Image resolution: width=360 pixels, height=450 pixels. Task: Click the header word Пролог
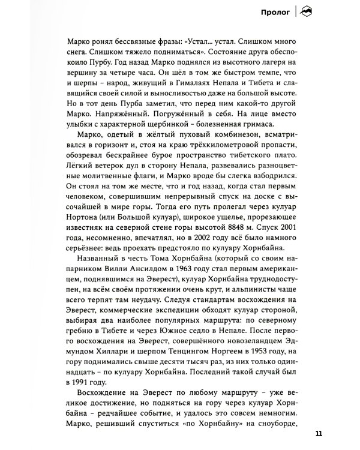point(274,10)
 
